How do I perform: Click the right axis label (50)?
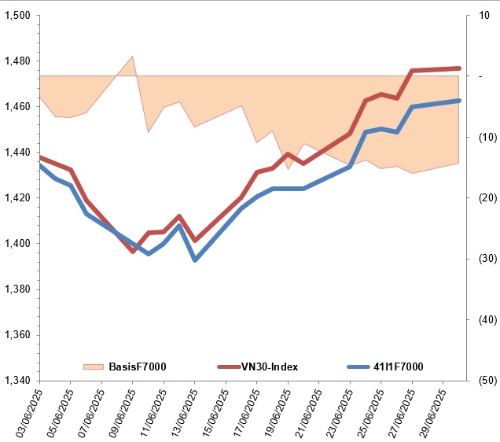pos(480,380)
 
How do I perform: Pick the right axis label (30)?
pos(480,259)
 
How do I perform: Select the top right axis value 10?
pos(479,15)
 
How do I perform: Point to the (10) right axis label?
pos(480,137)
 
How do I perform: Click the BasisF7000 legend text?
pos(137,366)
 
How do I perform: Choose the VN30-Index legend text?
pos(270,366)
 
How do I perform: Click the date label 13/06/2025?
pos(182,411)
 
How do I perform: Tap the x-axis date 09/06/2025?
pos(119,411)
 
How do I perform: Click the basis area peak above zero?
pos(132,57)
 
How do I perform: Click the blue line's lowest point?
pos(195,260)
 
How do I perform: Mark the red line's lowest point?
pos(133,252)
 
